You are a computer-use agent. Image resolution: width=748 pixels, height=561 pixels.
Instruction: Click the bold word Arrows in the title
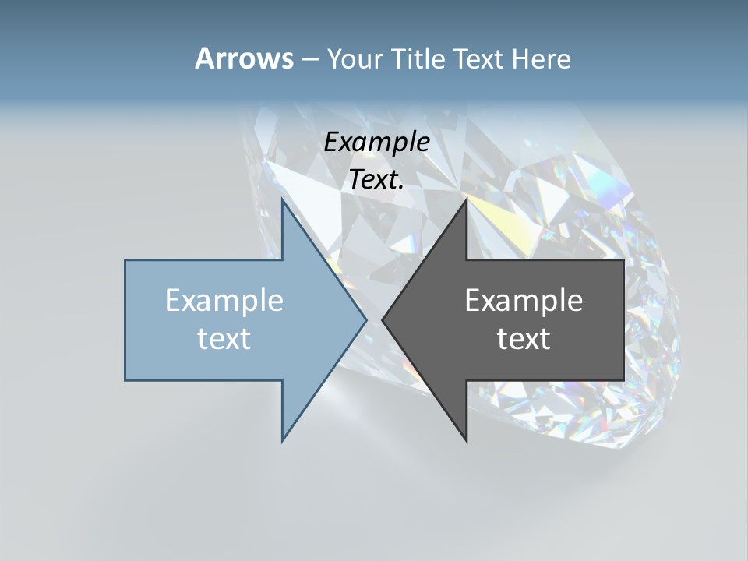243,58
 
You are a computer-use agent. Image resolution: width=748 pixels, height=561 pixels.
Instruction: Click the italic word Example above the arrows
376,142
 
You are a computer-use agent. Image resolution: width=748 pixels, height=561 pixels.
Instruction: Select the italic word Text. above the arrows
376,180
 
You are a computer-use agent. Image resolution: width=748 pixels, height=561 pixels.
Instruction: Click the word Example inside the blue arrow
224,300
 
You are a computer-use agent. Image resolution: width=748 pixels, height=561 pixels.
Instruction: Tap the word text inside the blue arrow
224,338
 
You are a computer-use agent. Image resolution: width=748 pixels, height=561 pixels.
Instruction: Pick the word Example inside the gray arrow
524,300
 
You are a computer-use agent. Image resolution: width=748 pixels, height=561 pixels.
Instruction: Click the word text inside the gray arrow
524,338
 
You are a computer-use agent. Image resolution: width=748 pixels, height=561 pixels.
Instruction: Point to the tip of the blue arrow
366,319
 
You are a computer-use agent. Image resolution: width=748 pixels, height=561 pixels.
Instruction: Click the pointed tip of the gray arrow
383,319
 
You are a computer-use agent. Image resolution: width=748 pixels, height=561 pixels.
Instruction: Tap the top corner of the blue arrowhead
282,199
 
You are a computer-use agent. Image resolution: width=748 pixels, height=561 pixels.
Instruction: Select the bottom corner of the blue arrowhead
282,441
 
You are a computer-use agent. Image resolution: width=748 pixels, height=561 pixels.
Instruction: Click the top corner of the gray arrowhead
467,199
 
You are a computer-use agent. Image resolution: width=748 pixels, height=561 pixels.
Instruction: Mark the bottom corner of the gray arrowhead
467,441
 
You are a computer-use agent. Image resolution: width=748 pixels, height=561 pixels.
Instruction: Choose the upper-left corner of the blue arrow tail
125,260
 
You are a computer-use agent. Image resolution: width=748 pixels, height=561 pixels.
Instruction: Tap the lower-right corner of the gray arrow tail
623,380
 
